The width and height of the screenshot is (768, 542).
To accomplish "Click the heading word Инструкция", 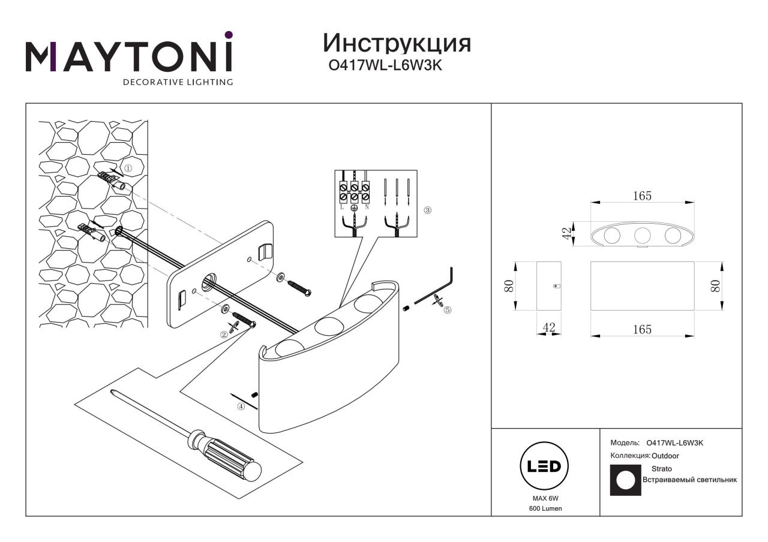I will click(x=397, y=44).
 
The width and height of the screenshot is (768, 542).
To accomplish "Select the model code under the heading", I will click(x=385, y=67).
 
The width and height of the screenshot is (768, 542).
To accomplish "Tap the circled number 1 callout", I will click(x=128, y=168).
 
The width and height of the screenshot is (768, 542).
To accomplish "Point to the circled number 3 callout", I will click(x=427, y=210).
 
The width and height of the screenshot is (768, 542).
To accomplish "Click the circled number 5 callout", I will click(x=446, y=310).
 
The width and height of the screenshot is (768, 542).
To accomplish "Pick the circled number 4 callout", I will click(x=241, y=406).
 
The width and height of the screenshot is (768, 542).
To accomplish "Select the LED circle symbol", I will click(x=544, y=466).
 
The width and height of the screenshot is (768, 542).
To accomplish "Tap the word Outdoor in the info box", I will click(x=665, y=456).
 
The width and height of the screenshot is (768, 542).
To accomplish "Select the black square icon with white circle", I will click(x=625, y=480).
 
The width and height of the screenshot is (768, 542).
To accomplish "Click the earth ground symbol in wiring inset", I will click(x=354, y=208).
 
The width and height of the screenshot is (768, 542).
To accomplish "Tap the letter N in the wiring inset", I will click(x=366, y=207).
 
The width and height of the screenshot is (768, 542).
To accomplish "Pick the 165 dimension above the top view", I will click(x=642, y=196).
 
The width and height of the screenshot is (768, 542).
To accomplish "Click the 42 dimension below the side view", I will click(x=548, y=327).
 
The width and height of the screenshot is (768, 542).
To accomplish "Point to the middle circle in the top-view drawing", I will click(x=642, y=236).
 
